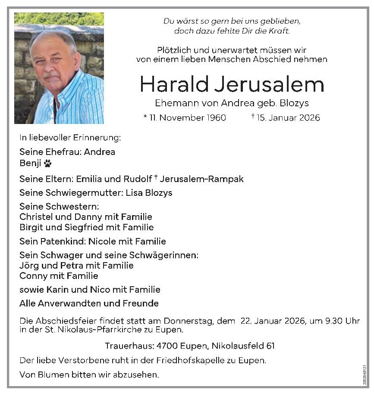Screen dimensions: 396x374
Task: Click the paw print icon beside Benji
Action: point(47,164)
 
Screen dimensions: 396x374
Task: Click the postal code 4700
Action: point(156,346)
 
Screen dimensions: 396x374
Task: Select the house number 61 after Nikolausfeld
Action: point(270,346)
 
